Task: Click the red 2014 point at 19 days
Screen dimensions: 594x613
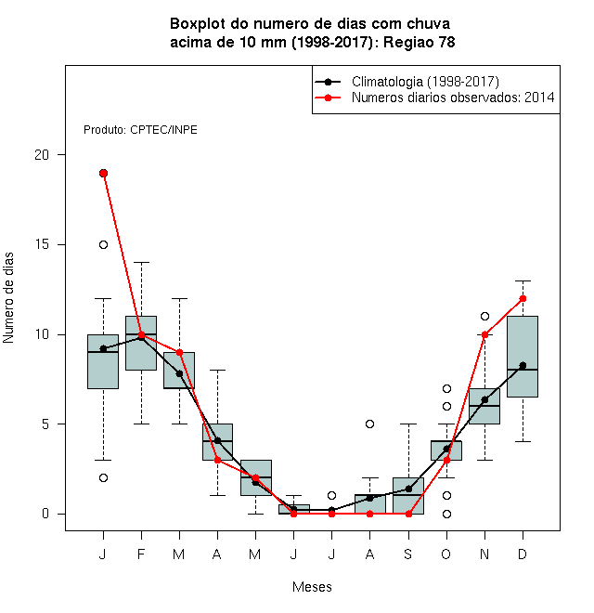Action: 103,173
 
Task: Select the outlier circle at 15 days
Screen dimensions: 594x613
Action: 103,244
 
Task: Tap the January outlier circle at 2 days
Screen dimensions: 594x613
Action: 103,477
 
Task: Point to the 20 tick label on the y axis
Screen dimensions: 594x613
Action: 42,155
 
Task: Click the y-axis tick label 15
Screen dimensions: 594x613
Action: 42,244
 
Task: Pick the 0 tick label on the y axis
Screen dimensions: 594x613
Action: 45,514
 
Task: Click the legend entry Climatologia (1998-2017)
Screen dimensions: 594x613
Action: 407,82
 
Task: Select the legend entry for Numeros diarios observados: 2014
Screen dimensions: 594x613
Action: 434,98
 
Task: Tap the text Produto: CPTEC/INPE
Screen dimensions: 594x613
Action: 140,130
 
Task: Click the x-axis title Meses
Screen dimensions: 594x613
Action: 312,587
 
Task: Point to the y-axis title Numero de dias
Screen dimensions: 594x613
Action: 8,298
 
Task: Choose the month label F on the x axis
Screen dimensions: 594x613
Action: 141,554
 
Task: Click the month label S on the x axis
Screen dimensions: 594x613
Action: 408,554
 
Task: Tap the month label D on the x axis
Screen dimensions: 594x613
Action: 523,554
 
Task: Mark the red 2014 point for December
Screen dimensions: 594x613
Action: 523,299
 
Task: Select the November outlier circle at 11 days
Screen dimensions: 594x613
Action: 484,317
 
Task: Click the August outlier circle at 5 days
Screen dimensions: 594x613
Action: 369,424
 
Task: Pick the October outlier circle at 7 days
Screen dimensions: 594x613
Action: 446,388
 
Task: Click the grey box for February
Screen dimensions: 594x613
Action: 141,343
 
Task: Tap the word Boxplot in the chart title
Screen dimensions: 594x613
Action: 198,24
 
